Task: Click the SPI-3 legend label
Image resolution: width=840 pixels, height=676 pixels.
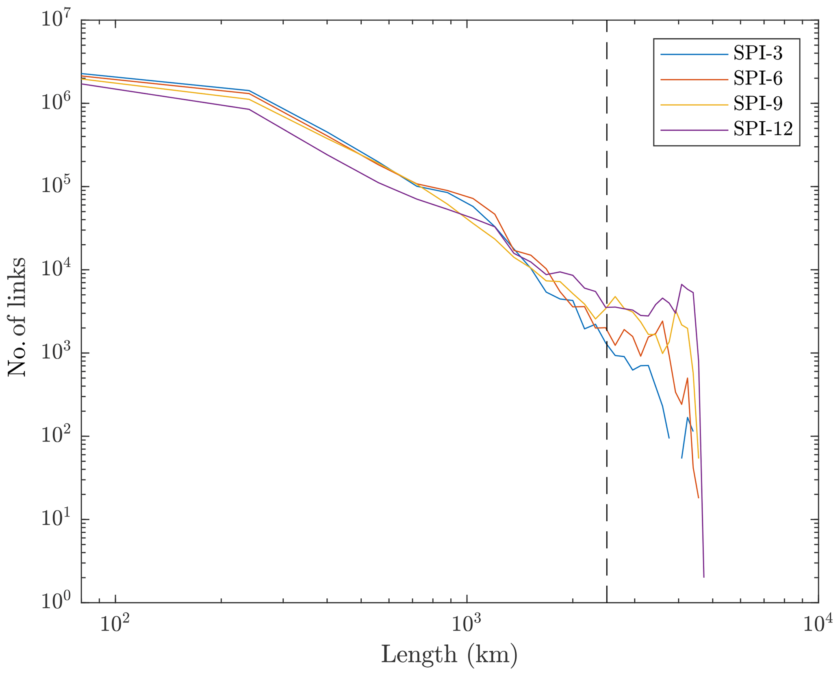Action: point(758,54)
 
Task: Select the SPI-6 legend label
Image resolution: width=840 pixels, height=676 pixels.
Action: point(758,79)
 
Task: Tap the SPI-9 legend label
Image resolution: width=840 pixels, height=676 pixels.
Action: point(758,104)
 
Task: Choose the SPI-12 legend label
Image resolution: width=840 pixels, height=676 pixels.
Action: point(763,129)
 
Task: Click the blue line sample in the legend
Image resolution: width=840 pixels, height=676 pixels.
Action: point(694,54)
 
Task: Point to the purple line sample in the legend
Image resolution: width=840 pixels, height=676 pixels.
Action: point(694,130)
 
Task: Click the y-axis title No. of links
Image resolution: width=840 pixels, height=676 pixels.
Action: point(17,317)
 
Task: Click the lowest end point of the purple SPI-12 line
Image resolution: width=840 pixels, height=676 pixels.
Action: point(704,577)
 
